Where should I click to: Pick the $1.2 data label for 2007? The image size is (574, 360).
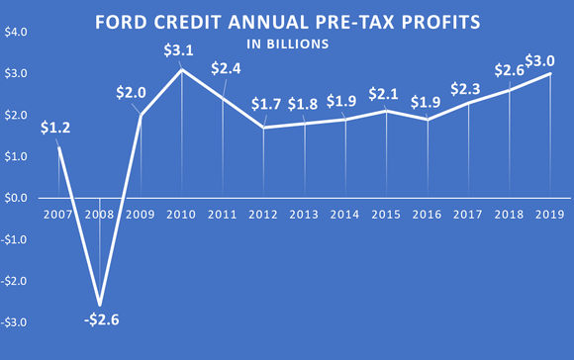point(56,129)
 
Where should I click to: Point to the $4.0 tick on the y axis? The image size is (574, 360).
point(16,32)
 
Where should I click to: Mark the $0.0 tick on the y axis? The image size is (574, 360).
point(16,198)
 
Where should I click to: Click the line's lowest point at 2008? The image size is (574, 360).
point(99,305)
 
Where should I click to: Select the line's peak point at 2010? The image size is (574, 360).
point(182,69)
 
